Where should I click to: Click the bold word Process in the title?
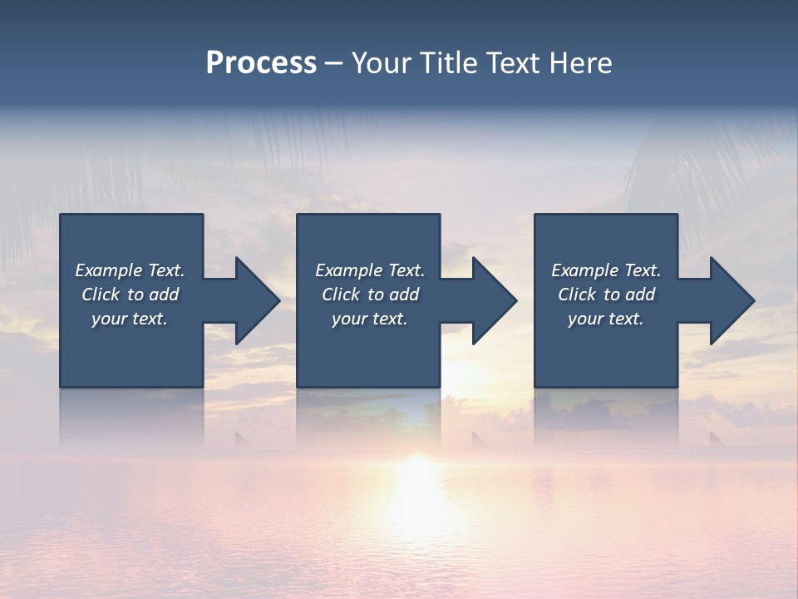pyautogui.click(x=261, y=63)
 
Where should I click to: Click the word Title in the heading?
pyautogui.click(x=447, y=63)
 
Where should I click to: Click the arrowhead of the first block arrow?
pyautogui.click(x=257, y=300)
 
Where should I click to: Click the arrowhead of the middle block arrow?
pyautogui.click(x=494, y=300)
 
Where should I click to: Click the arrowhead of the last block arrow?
pyautogui.click(x=731, y=300)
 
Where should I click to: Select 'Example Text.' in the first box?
pyautogui.click(x=130, y=270)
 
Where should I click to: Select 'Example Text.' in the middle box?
pyautogui.click(x=370, y=270)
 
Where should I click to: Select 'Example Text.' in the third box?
pyautogui.click(x=606, y=270)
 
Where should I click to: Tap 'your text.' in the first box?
pyautogui.click(x=130, y=319)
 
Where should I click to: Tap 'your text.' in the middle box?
pyautogui.click(x=370, y=319)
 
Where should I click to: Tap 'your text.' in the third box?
pyautogui.click(x=606, y=319)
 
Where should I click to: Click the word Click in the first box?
pyautogui.click(x=101, y=295)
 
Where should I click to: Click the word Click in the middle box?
pyautogui.click(x=341, y=295)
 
